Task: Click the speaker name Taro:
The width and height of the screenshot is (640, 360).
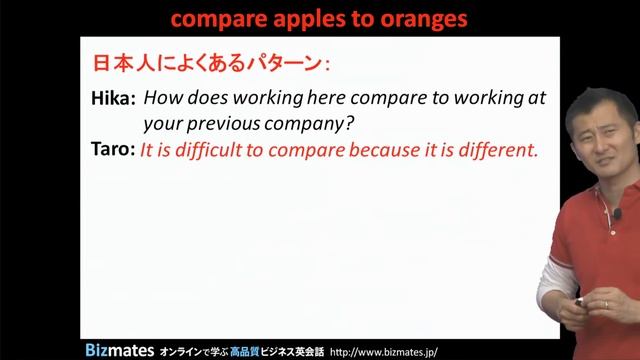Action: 112,151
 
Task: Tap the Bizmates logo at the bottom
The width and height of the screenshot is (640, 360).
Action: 116,350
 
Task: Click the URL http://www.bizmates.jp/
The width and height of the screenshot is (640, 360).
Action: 391,351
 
